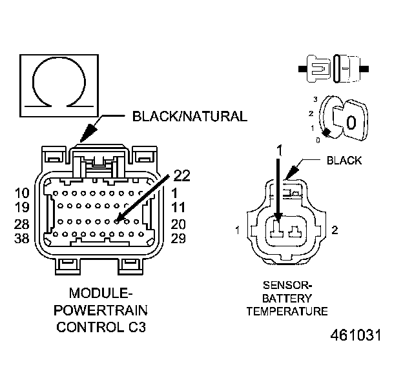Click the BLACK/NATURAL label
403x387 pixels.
click(x=189, y=117)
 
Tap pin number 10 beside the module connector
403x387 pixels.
click(x=23, y=192)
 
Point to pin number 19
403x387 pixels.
click(x=23, y=208)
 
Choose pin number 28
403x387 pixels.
click(x=23, y=224)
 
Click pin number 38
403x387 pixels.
click(x=23, y=239)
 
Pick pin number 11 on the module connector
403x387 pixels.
click(x=179, y=208)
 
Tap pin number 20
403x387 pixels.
click(x=179, y=224)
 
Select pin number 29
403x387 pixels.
click(x=179, y=239)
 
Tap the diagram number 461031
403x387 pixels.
click(x=356, y=336)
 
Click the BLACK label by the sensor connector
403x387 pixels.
click(x=344, y=161)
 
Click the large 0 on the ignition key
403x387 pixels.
click(x=351, y=122)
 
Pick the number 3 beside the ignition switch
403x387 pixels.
click(x=315, y=99)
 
